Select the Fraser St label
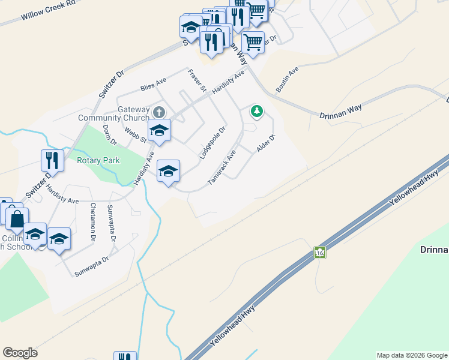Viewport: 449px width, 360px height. click(197, 80)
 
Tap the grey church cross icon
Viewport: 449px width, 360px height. click(159, 112)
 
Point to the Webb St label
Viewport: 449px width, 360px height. click(136, 134)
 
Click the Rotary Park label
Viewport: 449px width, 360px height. click(98, 160)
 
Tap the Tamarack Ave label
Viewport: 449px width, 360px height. click(221, 167)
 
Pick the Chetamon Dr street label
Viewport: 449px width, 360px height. click(93, 223)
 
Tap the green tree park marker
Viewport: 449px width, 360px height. click(257, 111)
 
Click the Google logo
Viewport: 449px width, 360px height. click(20, 353)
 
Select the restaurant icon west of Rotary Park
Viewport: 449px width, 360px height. click(52, 160)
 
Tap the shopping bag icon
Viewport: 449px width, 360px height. click(17, 218)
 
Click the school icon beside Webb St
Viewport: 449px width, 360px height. click(160, 130)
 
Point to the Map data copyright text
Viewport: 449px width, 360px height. click(412, 355)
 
